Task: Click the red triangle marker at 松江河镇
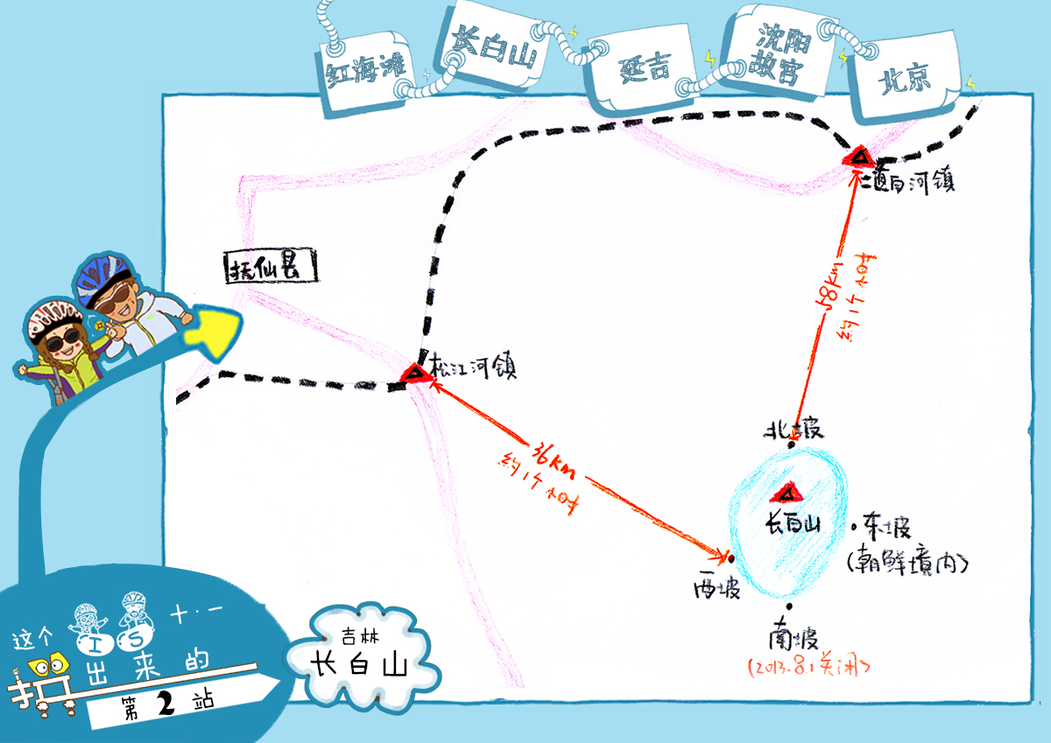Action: pyautogui.click(x=413, y=374)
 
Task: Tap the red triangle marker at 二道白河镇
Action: pyautogui.click(x=858, y=158)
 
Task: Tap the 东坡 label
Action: pyautogui.click(x=886, y=529)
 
